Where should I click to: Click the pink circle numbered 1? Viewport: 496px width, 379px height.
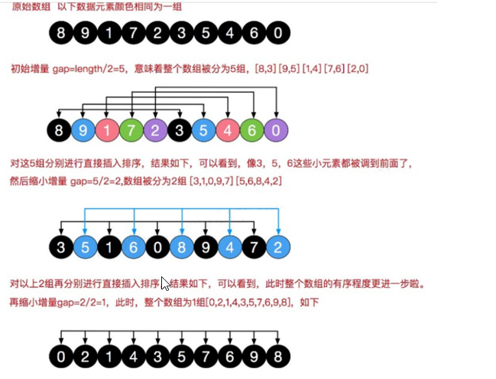pyautogui.click(x=107, y=130)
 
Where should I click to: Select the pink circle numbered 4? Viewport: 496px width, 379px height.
pyautogui.click(x=229, y=130)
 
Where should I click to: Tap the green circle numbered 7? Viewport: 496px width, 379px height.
pyautogui.click(x=131, y=130)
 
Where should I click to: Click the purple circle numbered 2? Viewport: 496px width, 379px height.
pyautogui.click(x=156, y=130)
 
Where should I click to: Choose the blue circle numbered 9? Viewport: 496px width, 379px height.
pyautogui.click(x=83, y=130)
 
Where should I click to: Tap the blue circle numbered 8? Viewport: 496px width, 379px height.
pyautogui.click(x=181, y=247)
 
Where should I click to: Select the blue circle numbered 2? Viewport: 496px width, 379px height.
pyautogui.click(x=278, y=247)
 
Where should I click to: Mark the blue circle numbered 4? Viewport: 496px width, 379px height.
pyautogui.click(x=229, y=247)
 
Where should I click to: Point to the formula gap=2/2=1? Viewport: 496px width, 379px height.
pyautogui.click(x=87, y=302)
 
